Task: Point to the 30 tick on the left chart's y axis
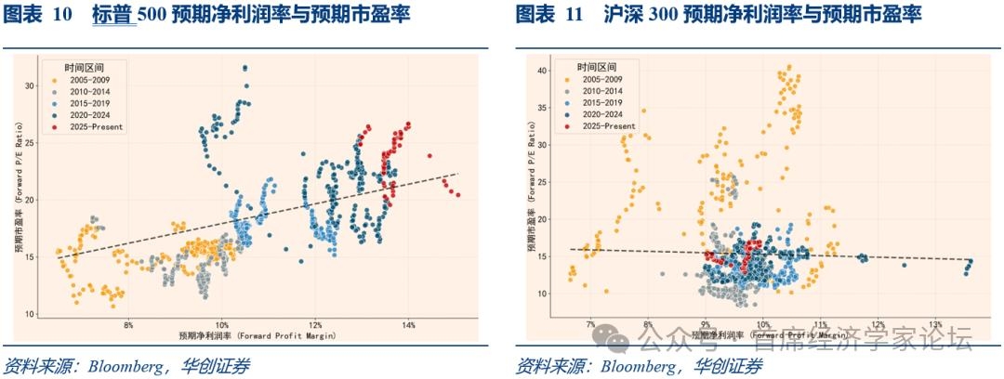tap(29, 85)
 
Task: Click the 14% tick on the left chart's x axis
tap(408, 325)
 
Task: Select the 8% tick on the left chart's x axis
tap(128, 325)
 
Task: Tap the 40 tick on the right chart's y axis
tap(540, 70)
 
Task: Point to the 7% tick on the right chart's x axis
tap(590, 324)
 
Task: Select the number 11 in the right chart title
tap(574, 15)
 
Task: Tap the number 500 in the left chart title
tap(153, 15)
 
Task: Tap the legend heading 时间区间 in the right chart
tap(595, 68)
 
